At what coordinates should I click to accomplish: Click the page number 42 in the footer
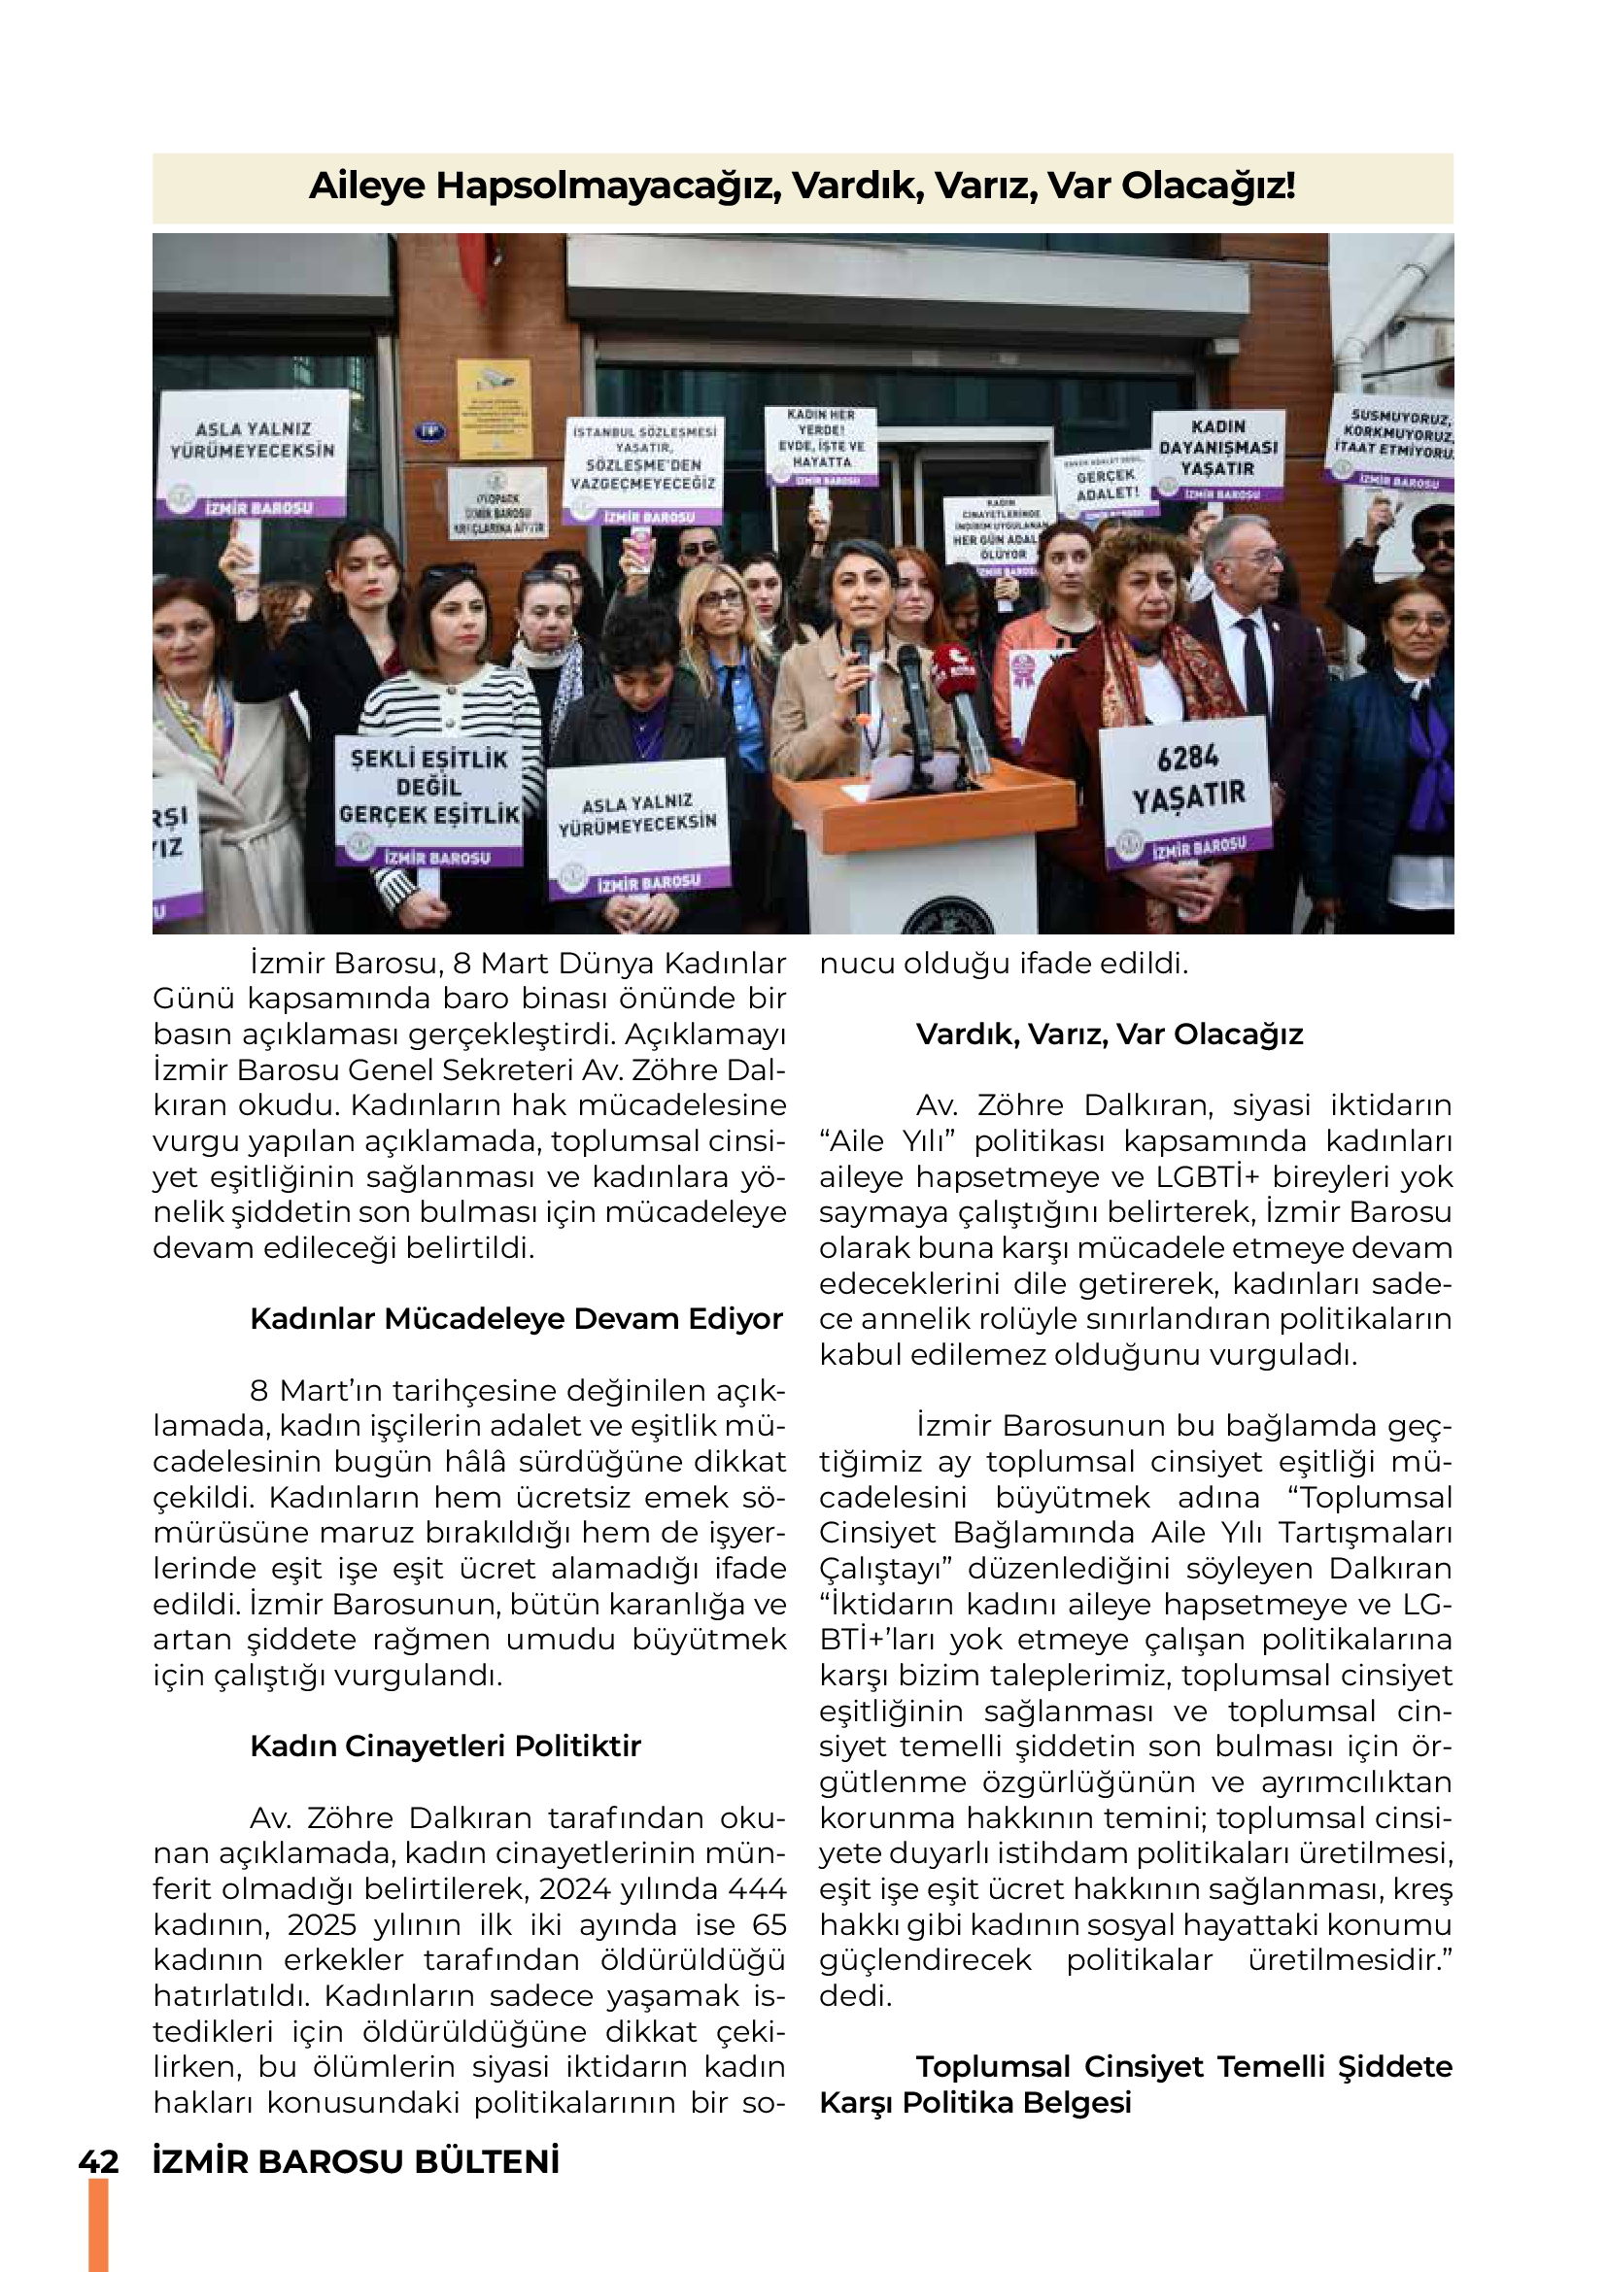[99, 2162]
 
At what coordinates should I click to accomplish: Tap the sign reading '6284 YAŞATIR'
[1186, 787]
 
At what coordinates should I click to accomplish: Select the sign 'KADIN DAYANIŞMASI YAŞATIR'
[1218, 455]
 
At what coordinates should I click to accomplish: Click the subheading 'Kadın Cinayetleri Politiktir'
[445, 1746]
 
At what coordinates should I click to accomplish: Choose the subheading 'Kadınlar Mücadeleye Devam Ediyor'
[516, 1319]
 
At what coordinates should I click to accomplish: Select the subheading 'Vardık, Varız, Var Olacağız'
[1110, 1034]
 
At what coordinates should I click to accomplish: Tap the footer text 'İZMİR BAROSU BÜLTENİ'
[357, 2162]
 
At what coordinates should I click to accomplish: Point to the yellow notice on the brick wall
[494, 408]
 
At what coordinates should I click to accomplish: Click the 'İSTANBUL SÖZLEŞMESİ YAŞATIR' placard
[644, 470]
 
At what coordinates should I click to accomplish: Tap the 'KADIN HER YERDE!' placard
[821, 444]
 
